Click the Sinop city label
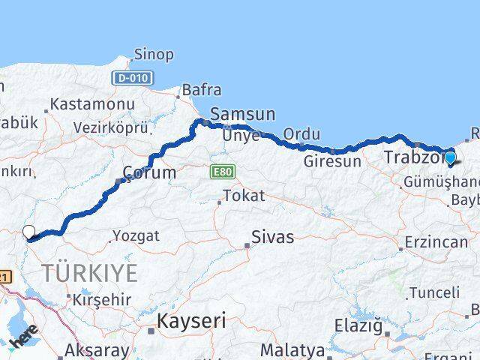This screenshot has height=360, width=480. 154,55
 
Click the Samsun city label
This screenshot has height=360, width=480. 242,115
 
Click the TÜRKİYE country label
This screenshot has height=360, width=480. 90,273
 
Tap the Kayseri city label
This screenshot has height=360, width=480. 191,321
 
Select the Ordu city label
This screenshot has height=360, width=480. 302,134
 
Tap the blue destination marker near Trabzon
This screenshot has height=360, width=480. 450,157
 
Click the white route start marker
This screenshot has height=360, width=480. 29,232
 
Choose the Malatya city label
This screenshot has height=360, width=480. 292,350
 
